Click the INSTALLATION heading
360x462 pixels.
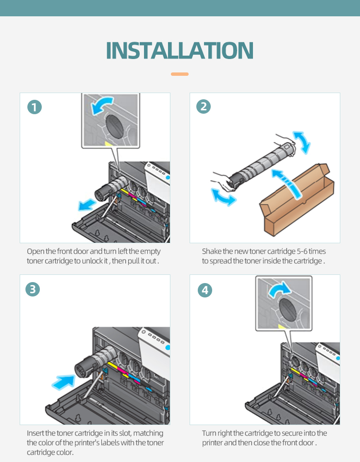point(180,50)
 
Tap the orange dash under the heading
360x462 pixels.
point(180,74)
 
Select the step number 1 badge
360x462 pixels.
point(35,107)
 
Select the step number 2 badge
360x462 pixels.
point(204,106)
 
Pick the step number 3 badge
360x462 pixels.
point(33,289)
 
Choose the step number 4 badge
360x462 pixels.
point(205,290)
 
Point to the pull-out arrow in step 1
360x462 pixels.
point(87,204)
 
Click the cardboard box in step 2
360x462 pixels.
point(296,201)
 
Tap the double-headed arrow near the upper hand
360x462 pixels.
point(302,142)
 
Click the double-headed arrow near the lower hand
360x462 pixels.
point(223,197)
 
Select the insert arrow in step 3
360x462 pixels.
point(63,382)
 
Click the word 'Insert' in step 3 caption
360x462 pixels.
point(35,433)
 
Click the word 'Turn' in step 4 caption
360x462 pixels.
point(209,433)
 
